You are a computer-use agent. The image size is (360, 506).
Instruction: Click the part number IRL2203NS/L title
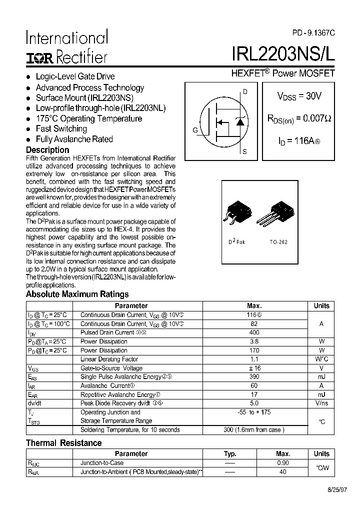283,54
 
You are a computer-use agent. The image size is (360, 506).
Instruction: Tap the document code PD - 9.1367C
313,32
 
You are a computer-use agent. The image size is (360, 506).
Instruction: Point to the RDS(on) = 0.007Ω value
299,119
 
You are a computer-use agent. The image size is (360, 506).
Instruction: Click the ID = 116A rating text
298,141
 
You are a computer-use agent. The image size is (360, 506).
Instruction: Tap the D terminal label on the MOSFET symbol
245,91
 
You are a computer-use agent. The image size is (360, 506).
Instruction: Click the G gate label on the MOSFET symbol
195,130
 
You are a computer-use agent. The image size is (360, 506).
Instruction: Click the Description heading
47,150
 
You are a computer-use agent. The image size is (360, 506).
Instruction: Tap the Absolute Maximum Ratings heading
77,294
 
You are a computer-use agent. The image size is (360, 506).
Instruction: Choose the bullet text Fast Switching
61,129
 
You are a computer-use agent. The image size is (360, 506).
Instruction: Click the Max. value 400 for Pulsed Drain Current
254,332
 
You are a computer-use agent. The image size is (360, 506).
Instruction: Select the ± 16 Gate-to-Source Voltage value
254,368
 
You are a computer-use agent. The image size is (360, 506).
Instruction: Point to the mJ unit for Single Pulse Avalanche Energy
321,377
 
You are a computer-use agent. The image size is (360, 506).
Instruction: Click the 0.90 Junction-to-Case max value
282,463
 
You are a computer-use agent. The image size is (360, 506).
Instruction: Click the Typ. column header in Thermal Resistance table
230,453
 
